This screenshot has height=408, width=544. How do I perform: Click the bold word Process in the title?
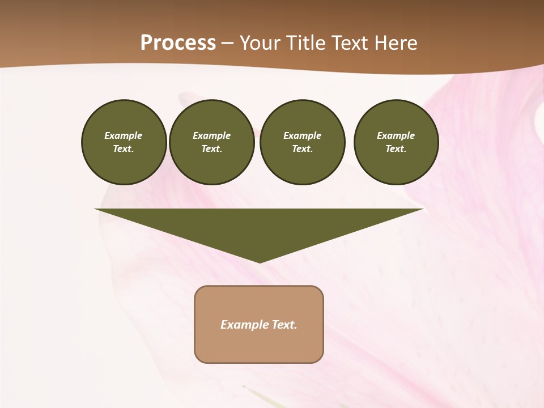pos(178,42)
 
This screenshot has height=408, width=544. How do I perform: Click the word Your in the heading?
pos(259,42)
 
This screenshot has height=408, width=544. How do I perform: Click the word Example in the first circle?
pos(124,135)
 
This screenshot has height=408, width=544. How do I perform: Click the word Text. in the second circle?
pos(212,148)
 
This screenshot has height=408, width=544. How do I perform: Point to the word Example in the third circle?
pos(302,135)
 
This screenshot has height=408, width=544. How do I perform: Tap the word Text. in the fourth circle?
pos(396,148)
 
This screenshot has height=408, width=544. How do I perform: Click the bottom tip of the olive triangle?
pos(260,262)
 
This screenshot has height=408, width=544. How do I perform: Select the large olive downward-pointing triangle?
pos(259,227)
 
